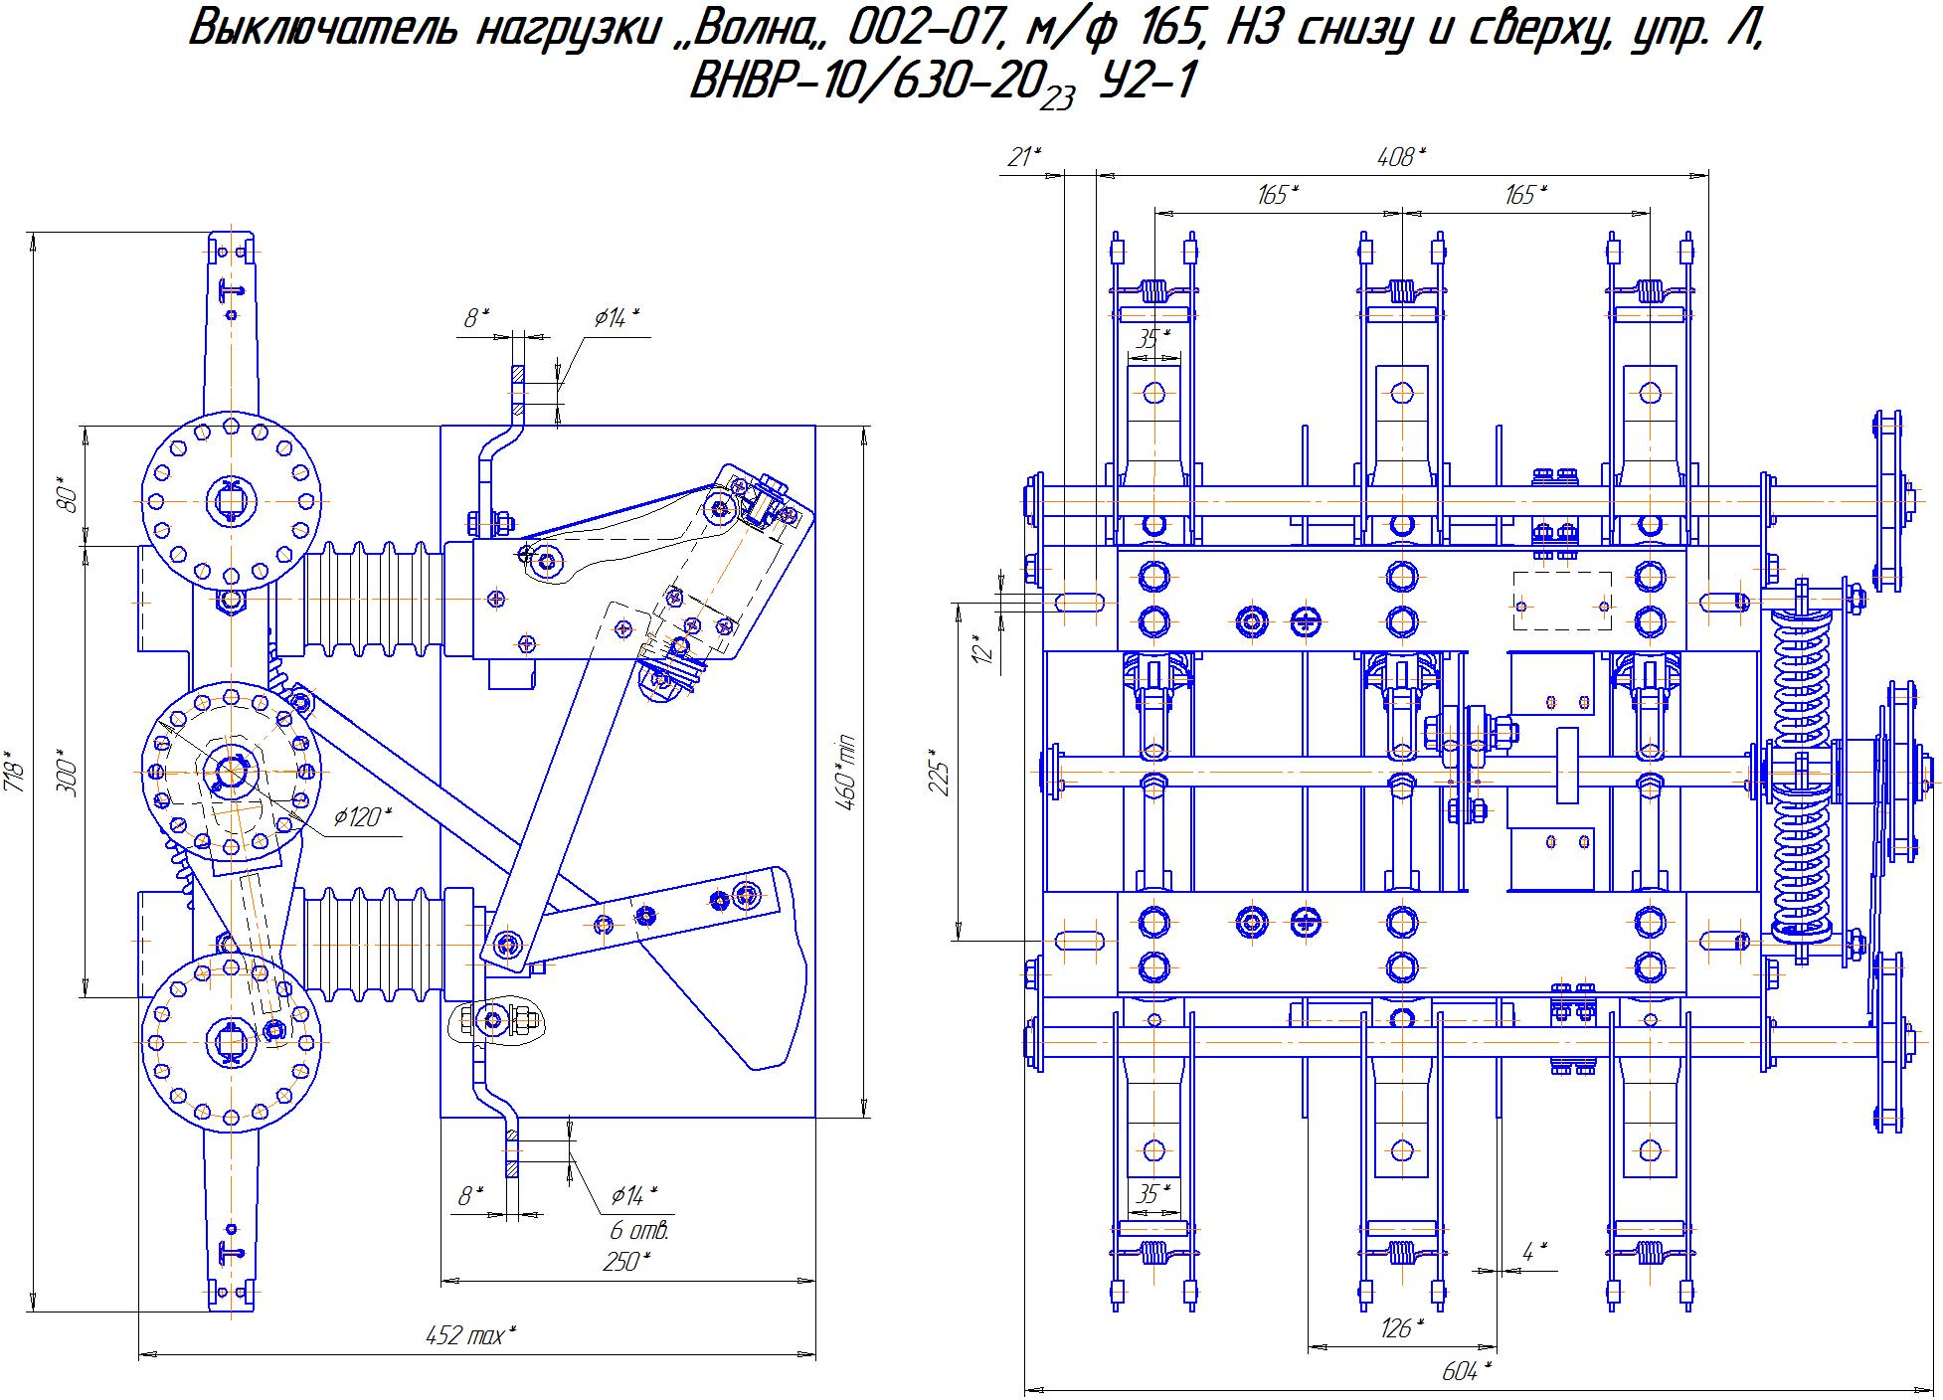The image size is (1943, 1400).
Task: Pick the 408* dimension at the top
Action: [x=1400, y=156]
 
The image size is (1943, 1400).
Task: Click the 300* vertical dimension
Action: [x=68, y=774]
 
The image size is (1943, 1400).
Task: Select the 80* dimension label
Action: [x=68, y=494]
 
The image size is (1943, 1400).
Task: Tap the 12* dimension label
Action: [x=984, y=648]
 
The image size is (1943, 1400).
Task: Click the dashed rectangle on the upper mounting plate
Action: [x=1562, y=601]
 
